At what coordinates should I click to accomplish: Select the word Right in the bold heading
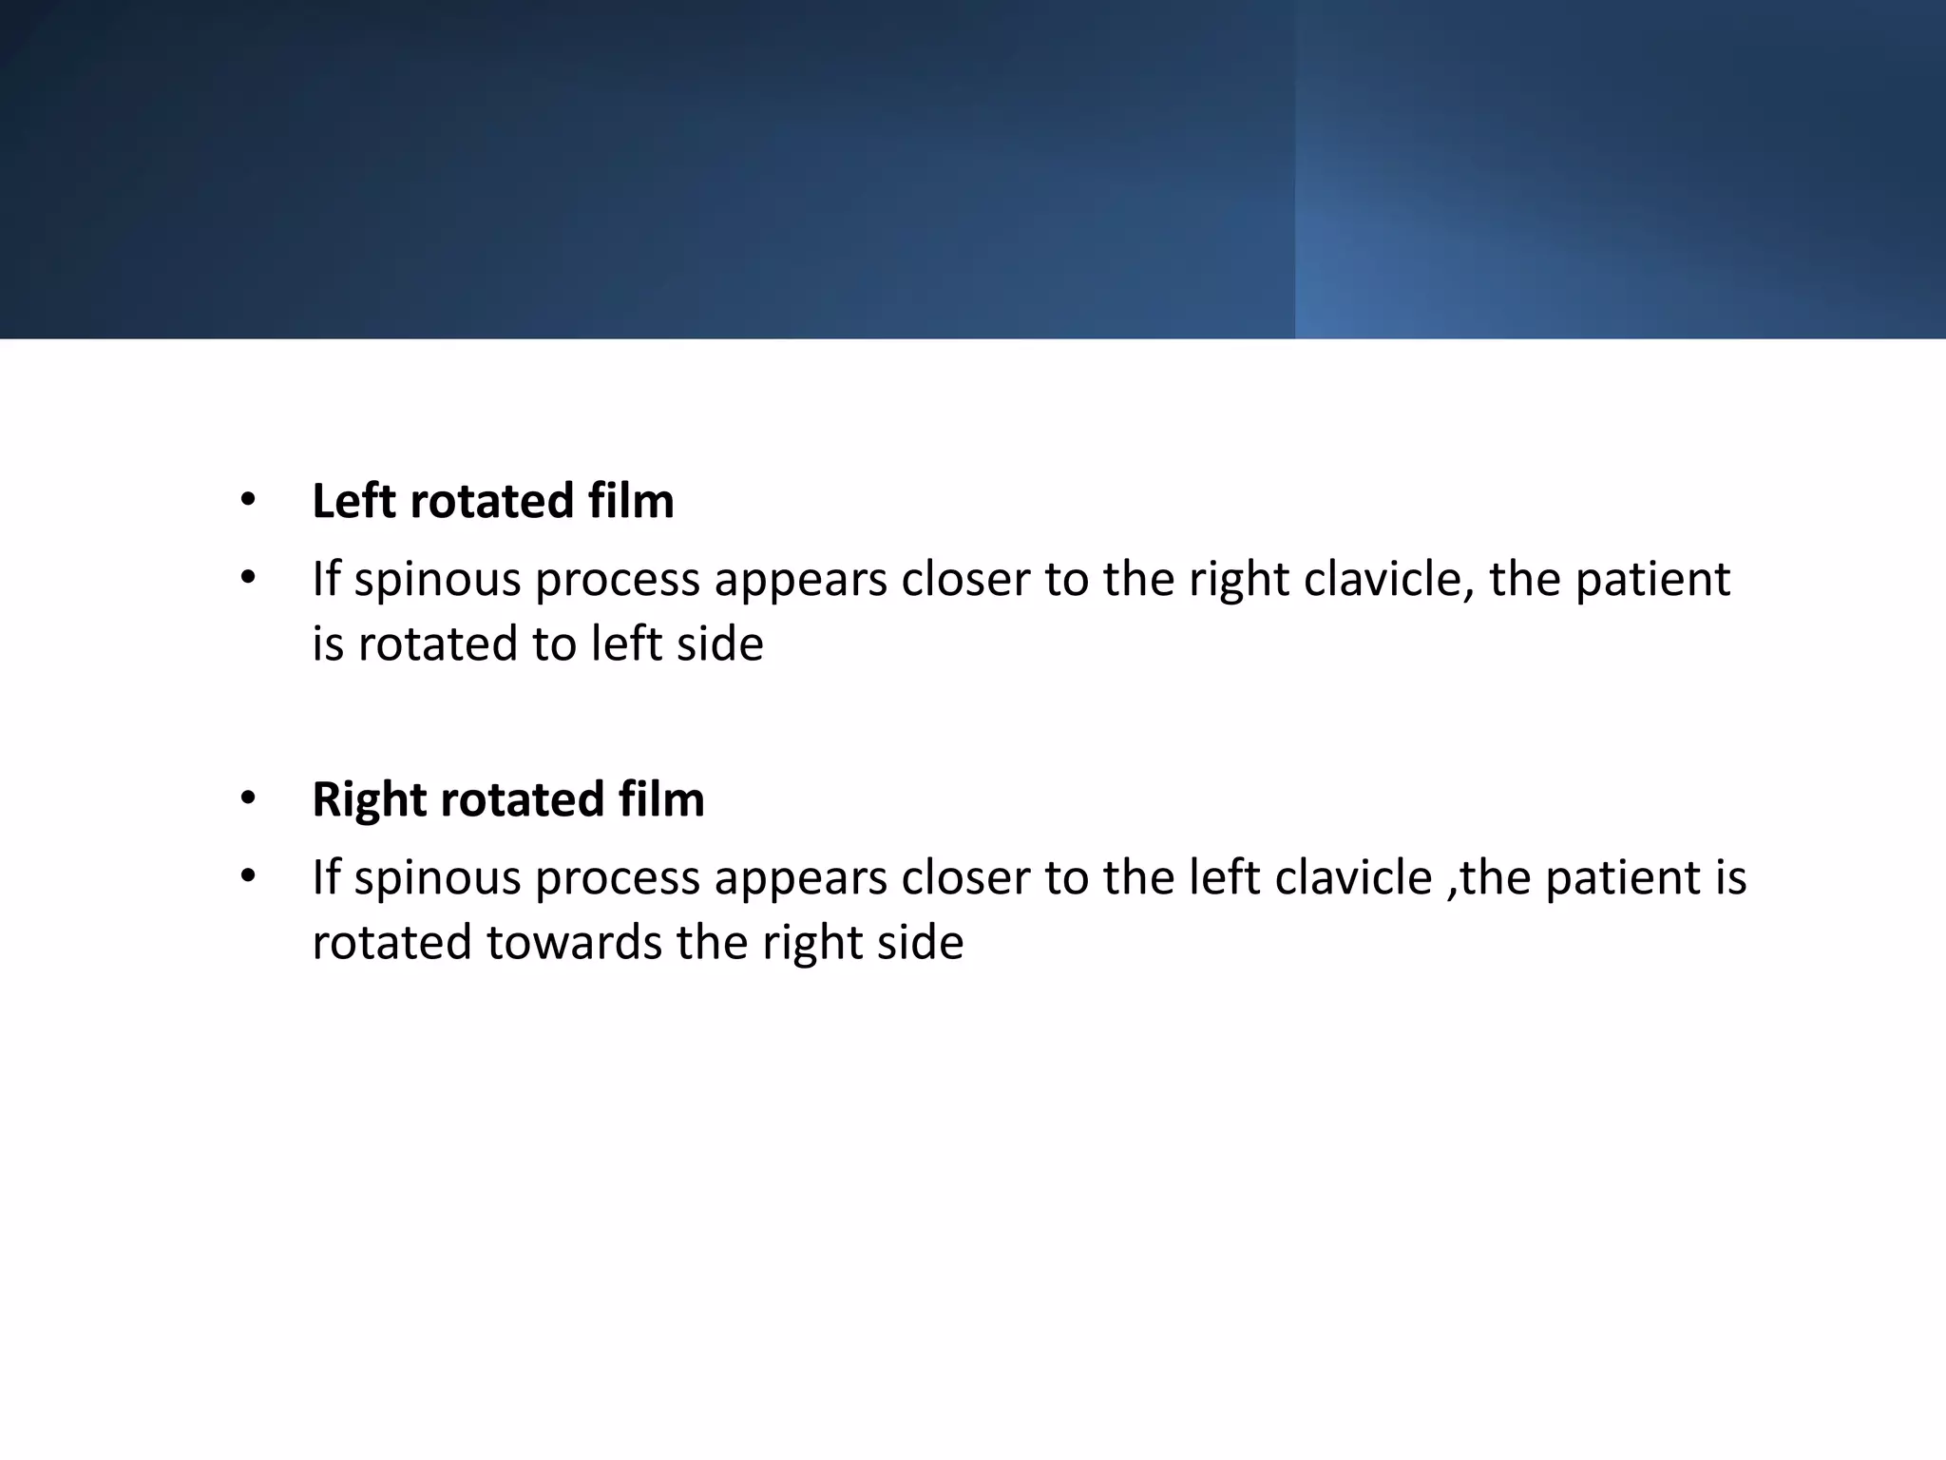point(363,799)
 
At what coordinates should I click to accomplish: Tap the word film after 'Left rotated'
point(631,501)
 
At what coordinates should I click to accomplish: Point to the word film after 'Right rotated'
point(661,799)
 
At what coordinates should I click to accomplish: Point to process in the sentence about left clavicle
point(618,878)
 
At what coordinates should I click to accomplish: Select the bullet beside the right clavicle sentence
point(248,577)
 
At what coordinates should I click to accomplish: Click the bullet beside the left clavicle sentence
point(248,875)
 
